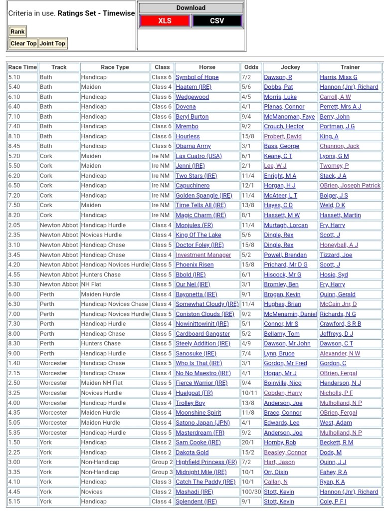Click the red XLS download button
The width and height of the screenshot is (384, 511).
point(165,21)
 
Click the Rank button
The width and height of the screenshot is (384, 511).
point(17,31)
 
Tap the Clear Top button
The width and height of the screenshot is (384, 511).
point(23,43)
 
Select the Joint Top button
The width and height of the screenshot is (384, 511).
point(52,43)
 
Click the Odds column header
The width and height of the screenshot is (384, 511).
point(251,67)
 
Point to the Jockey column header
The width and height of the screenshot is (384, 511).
point(290,67)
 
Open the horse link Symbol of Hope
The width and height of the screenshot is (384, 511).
point(197,77)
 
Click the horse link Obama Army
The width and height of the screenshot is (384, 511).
point(193,146)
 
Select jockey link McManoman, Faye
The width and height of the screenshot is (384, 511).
point(289,116)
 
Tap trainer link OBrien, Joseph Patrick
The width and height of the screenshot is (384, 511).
point(350,186)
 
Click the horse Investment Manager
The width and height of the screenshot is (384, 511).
point(203,255)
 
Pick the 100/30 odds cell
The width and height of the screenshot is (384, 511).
point(250,492)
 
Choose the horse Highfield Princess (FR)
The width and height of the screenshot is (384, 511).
point(206,462)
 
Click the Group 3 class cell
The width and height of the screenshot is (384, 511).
point(162,472)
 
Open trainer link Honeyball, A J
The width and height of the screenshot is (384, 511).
point(339,245)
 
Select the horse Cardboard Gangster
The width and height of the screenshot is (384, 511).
point(202,334)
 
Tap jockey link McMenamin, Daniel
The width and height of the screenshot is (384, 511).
point(290,314)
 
